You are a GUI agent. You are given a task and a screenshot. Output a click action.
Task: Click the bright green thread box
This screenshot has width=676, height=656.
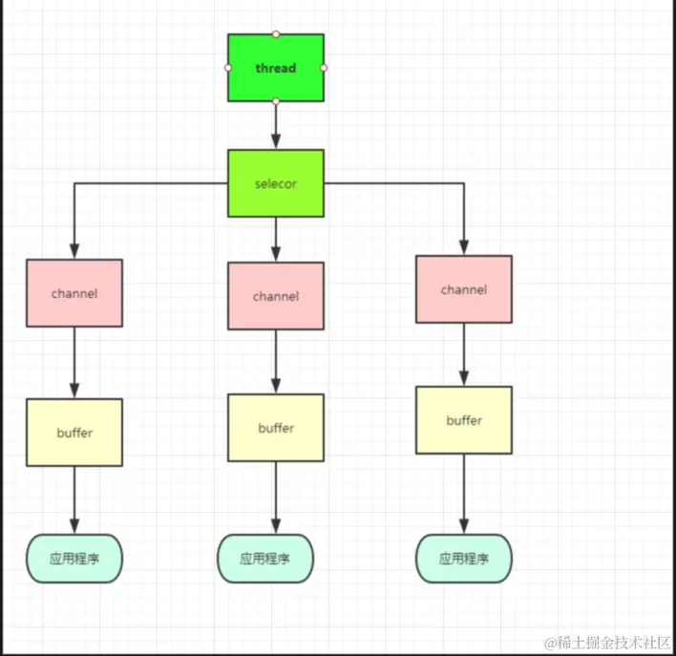pos(275,68)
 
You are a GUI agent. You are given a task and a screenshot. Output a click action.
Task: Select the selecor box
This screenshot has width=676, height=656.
pos(275,182)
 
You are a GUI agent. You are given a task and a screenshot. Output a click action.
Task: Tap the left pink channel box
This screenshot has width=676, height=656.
pos(74,292)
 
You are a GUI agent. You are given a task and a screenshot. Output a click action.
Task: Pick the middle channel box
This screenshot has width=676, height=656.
pos(275,296)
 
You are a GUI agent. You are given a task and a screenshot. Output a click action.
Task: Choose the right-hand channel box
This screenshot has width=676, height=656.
pos(464,288)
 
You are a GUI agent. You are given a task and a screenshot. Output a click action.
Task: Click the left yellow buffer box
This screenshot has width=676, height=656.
pos(74,433)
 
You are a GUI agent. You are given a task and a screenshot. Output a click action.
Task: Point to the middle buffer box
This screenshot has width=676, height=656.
pos(275,428)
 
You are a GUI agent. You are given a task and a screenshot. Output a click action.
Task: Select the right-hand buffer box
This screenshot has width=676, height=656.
pos(464,420)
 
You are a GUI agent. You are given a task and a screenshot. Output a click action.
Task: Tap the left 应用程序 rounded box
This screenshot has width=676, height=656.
pos(74,559)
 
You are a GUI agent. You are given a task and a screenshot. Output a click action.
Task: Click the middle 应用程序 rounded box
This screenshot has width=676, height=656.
pos(265,559)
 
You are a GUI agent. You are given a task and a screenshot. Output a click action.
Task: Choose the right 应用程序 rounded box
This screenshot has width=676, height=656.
pos(464,559)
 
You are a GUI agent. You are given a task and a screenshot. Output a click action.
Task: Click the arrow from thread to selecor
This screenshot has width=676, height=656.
pos(275,124)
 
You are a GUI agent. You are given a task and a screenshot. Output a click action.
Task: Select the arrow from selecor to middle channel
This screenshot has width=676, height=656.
pos(275,237)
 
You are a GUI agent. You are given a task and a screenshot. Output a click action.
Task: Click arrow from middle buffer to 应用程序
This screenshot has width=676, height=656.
pos(275,497)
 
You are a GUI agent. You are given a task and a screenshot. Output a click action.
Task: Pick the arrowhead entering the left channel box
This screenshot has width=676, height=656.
pos(74,251)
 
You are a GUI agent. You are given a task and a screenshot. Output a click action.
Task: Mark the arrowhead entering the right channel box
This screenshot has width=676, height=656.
pos(464,247)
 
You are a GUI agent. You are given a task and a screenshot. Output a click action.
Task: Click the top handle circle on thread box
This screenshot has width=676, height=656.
pos(275,33)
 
